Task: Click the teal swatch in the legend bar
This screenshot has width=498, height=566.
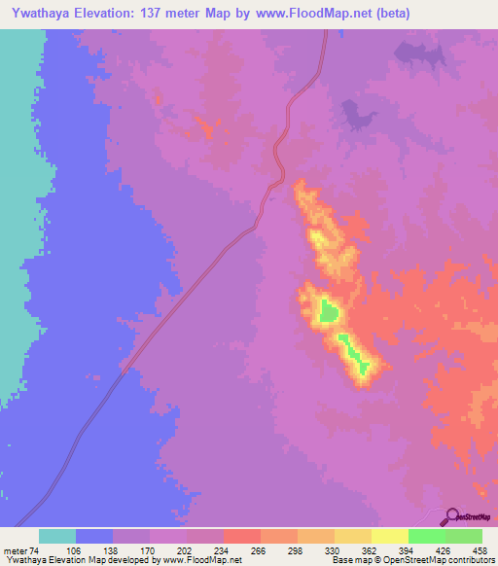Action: (x=57, y=537)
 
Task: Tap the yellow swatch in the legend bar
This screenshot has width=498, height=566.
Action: (x=389, y=537)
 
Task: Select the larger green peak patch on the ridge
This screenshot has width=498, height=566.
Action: (x=330, y=312)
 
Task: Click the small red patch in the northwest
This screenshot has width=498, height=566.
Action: (x=204, y=125)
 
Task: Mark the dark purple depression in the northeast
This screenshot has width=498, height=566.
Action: (x=356, y=118)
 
